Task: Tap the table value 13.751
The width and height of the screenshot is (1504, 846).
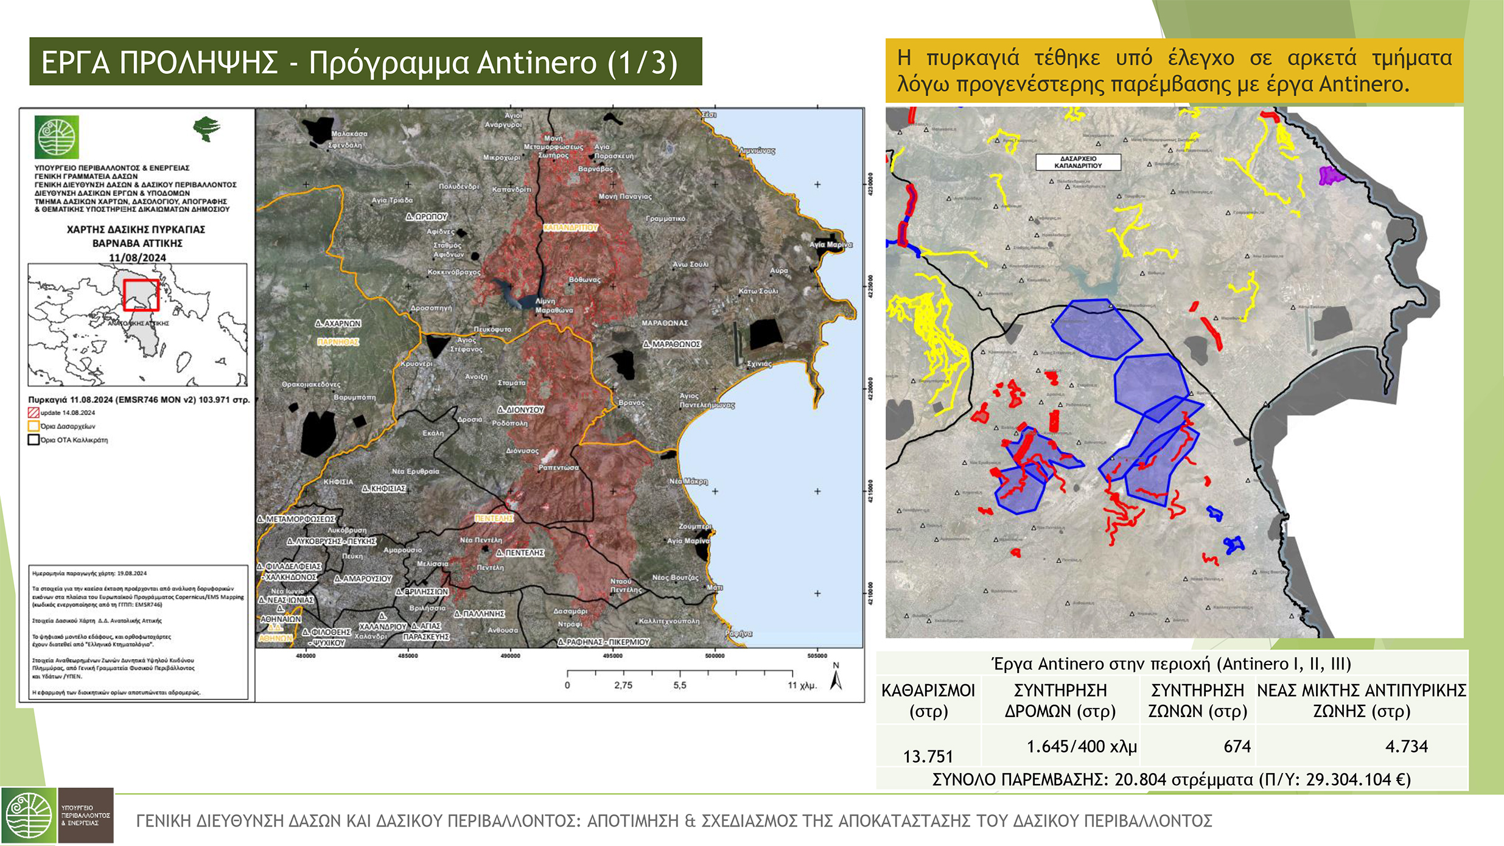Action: (x=928, y=756)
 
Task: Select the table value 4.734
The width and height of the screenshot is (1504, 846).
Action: (x=1406, y=746)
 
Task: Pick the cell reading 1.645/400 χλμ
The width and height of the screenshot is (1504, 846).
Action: (x=1082, y=746)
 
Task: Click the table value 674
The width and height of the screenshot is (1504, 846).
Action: (x=1237, y=746)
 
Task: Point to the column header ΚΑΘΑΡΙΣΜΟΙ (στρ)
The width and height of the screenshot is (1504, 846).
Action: (x=928, y=701)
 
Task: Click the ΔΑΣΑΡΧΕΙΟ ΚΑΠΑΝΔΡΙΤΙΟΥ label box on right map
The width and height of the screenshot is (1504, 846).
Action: (x=1078, y=162)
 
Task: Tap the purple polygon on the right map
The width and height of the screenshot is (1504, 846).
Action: (x=1331, y=176)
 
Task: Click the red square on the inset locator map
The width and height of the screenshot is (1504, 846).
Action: (x=141, y=295)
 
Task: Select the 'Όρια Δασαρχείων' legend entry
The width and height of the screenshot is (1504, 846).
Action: (x=67, y=426)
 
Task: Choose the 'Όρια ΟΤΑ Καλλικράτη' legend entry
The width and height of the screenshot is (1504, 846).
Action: (x=73, y=440)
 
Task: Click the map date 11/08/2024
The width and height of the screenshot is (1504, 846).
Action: (x=137, y=257)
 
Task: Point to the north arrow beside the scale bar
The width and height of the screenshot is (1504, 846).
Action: (x=836, y=677)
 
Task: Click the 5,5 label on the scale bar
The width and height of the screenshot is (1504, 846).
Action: (x=679, y=685)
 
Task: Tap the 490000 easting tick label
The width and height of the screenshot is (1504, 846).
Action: (x=510, y=656)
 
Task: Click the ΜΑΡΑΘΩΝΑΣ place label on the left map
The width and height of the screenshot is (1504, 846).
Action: (x=664, y=323)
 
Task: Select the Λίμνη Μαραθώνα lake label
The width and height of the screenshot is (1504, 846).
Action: (x=553, y=306)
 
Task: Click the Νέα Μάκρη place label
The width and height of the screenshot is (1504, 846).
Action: (x=688, y=481)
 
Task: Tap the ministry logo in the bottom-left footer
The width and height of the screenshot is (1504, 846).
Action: (x=29, y=816)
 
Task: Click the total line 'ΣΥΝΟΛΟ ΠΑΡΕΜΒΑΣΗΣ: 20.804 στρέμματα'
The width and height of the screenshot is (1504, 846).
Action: (x=1171, y=780)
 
